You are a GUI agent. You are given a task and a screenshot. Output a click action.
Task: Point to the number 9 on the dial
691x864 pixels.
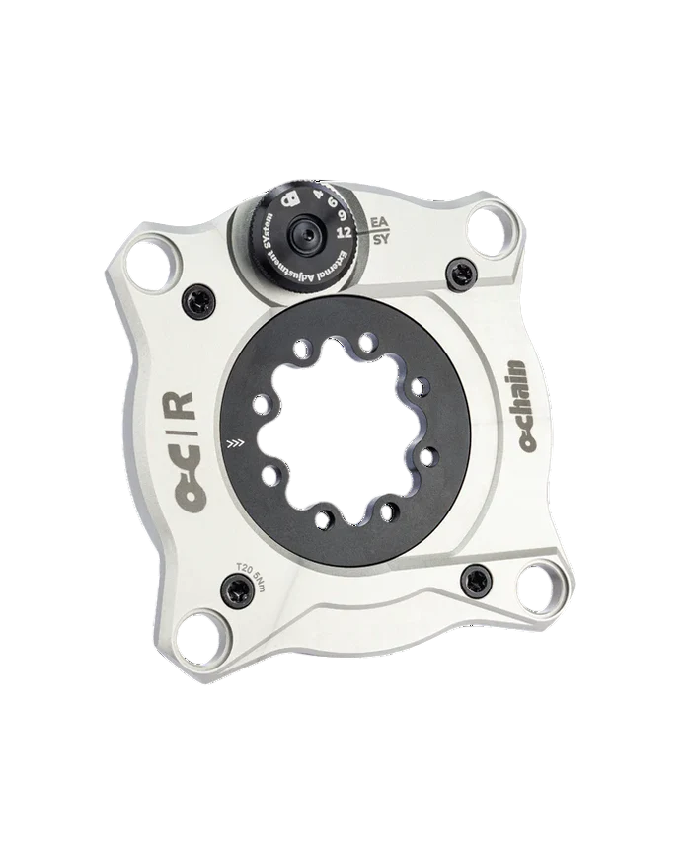click(x=342, y=215)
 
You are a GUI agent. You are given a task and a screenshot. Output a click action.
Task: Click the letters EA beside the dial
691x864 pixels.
click(x=377, y=222)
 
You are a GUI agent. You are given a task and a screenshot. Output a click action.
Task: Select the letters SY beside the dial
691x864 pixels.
click(x=379, y=239)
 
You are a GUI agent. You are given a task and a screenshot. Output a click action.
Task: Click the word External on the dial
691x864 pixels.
click(x=331, y=268)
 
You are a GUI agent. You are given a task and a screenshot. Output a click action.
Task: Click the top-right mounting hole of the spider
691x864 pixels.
click(x=490, y=229)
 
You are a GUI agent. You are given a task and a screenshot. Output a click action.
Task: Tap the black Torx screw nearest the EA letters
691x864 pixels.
click(x=457, y=266)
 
